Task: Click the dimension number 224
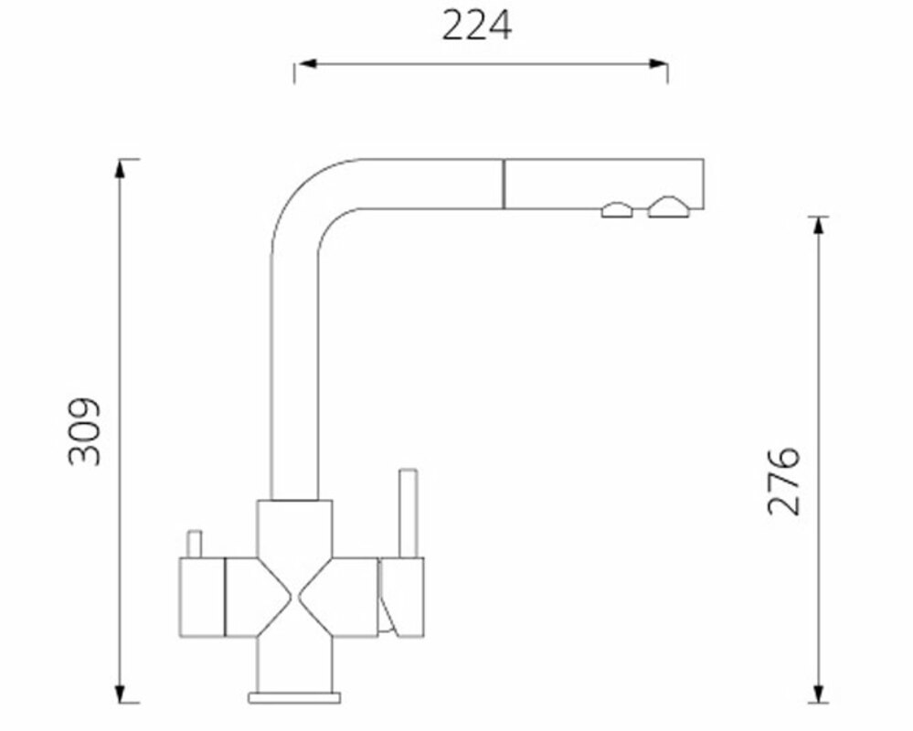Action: click(x=477, y=26)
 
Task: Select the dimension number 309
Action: click(x=84, y=431)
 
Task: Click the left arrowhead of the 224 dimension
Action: click(x=306, y=63)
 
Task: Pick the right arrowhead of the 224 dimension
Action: click(x=657, y=63)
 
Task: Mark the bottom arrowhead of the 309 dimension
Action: click(x=120, y=693)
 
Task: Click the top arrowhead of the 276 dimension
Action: click(x=819, y=227)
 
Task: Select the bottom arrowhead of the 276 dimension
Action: click(x=819, y=693)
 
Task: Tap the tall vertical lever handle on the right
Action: click(x=409, y=514)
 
